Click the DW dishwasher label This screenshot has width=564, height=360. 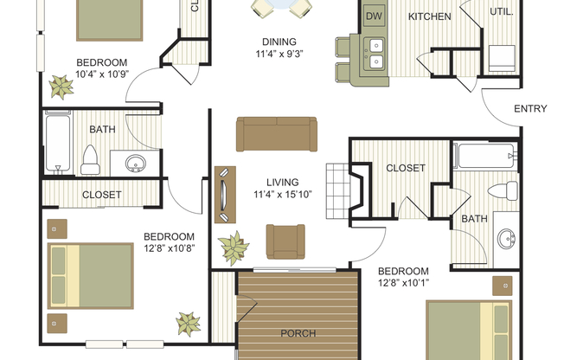(374, 16)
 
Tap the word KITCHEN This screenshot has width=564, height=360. (430, 16)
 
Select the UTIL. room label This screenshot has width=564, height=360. (501, 13)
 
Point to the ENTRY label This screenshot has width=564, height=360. (530, 109)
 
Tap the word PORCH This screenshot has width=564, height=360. (298, 333)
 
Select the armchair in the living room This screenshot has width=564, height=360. (285, 241)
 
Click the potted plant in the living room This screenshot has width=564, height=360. (234, 247)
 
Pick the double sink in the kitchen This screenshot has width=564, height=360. (376, 55)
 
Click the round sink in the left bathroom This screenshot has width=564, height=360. (133, 163)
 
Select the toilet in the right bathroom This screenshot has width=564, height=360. (501, 191)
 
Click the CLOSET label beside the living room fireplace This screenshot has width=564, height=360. (405, 168)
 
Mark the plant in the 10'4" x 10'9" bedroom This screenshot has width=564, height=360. (61, 86)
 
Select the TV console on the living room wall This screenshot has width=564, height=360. (224, 195)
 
